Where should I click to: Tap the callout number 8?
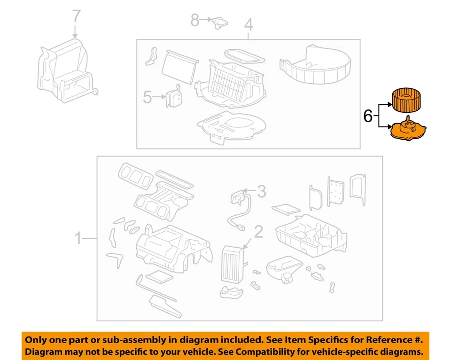(x=194, y=20)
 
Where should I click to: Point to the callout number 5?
(x=148, y=97)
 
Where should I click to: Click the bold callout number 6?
(x=368, y=116)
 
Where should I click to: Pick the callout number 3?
(x=261, y=191)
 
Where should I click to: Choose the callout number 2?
(x=258, y=231)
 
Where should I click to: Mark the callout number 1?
(x=79, y=239)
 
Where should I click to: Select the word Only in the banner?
(x=36, y=339)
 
